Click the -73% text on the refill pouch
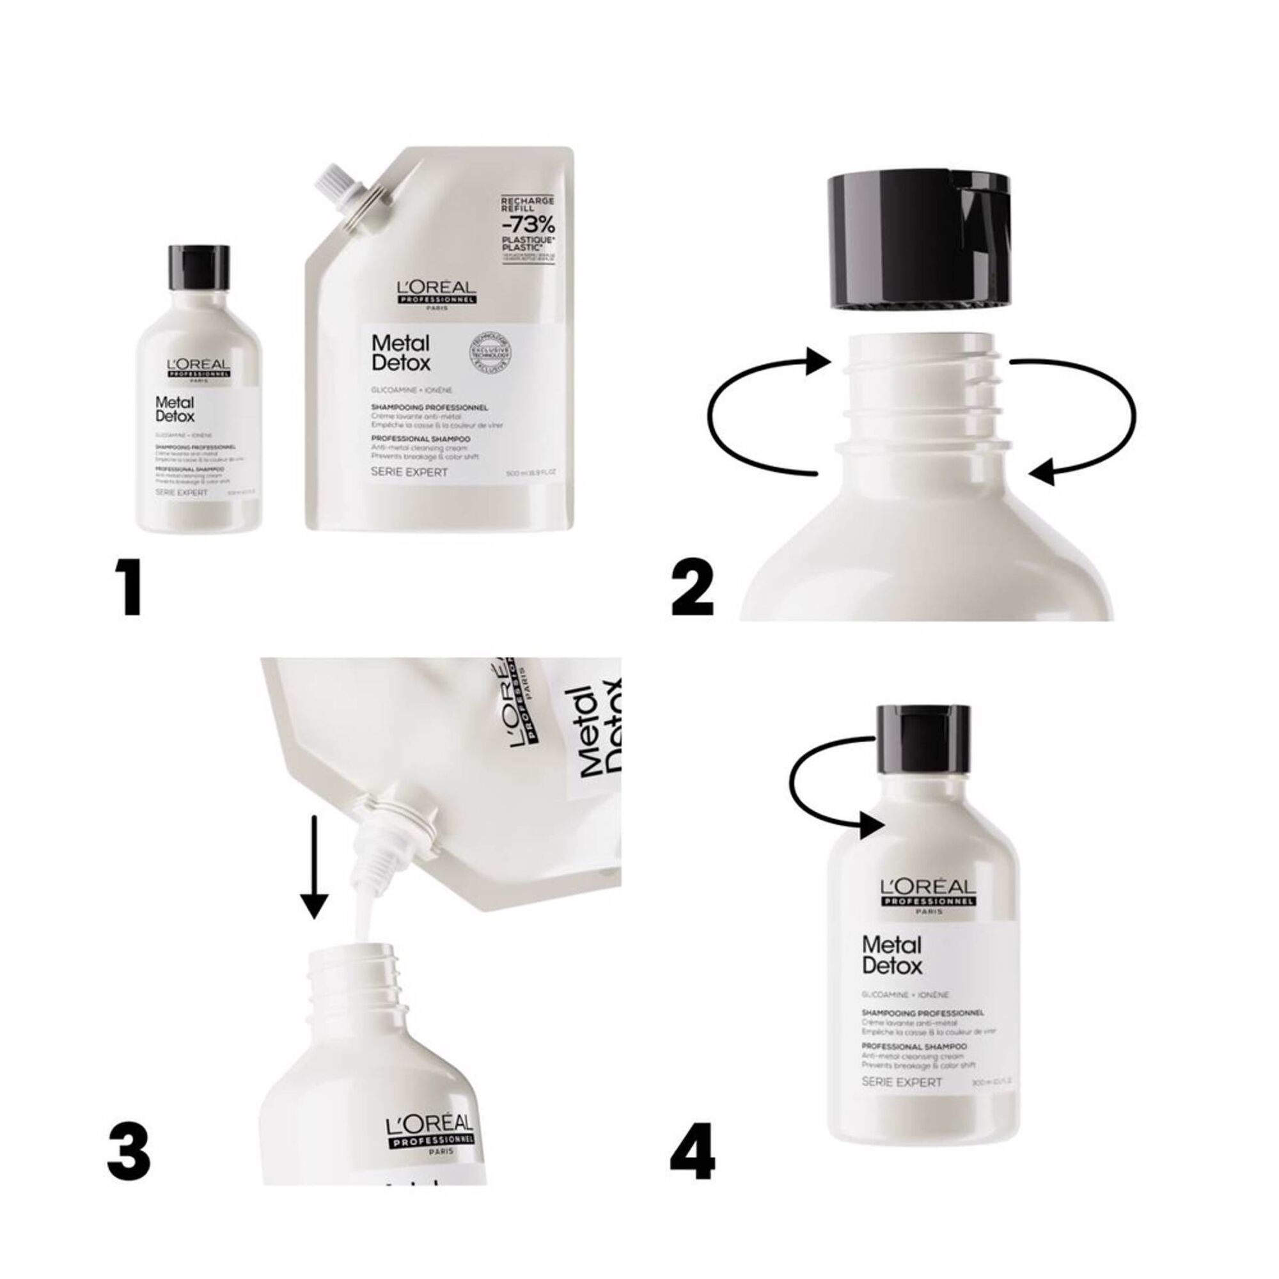pos(528,223)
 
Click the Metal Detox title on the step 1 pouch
pos(401,353)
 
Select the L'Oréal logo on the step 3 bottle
pos(429,1133)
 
